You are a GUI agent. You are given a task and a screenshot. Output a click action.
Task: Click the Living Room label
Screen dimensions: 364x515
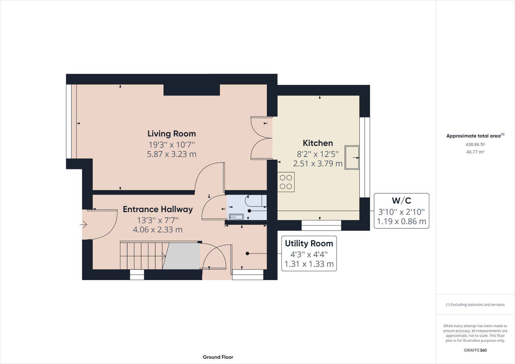pos(171,134)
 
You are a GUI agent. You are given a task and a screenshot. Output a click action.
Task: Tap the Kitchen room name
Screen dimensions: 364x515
pos(318,143)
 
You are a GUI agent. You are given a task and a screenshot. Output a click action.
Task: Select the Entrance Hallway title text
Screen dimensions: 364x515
pos(158,209)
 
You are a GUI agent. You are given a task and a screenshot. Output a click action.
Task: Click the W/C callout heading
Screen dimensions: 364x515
pos(401,201)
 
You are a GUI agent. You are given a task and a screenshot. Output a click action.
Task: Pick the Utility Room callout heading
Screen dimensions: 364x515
pos(309,244)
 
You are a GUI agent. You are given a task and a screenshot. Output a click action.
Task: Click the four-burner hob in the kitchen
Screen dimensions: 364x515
pos(286,182)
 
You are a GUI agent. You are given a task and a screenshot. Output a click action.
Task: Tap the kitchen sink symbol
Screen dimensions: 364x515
pos(352,157)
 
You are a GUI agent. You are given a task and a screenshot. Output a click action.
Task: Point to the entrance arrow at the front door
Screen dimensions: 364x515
pos(84,224)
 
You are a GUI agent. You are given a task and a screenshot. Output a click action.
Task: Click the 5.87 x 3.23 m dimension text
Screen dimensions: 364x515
pos(171,154)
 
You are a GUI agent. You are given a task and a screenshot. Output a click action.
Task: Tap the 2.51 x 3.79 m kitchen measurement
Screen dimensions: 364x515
pos(318,163)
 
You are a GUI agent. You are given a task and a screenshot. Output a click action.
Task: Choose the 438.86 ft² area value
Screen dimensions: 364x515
pos(475,144)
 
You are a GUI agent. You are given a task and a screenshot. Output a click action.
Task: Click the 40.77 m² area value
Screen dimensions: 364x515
pos(475,152)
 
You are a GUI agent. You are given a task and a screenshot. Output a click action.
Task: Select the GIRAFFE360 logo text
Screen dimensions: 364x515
pos(475,350)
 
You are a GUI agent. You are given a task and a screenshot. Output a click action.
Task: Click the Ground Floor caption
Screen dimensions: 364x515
pos(218,357)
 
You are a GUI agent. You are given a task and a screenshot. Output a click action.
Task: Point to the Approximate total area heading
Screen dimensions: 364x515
pos(473,136)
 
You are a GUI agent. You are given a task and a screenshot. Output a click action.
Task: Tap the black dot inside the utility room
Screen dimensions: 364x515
pos(247,254)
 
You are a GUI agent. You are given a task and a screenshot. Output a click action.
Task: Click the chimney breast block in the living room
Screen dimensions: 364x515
pos(192,90)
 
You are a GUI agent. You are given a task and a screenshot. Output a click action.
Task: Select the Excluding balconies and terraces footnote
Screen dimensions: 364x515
pos(475,305)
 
